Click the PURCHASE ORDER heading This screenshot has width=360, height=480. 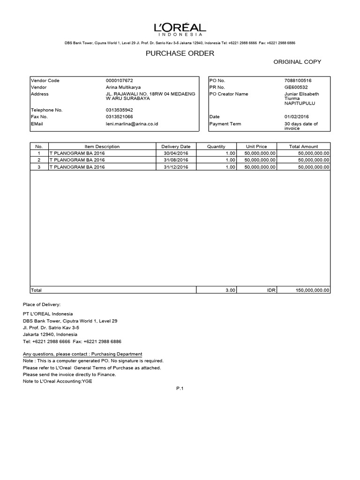click(180, 53)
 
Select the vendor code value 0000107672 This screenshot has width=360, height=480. click(123, 81)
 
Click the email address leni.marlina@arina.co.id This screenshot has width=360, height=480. click(132, 124)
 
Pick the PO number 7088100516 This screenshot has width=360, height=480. click(298, 81)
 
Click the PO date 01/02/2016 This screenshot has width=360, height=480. click(296, 117)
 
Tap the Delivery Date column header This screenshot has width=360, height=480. click(176, 147)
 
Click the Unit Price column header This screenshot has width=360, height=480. click(256, 147)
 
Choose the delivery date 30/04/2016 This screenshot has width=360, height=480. click(176, 153)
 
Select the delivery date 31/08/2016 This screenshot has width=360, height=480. click(176, 160)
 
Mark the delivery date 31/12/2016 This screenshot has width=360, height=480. click(176, 166)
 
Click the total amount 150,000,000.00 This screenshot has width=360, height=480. click(313, 291)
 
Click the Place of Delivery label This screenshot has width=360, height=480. click(42, 305)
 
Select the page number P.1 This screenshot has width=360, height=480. click(180, 388)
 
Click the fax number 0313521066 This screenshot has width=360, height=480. click(120, 117)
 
